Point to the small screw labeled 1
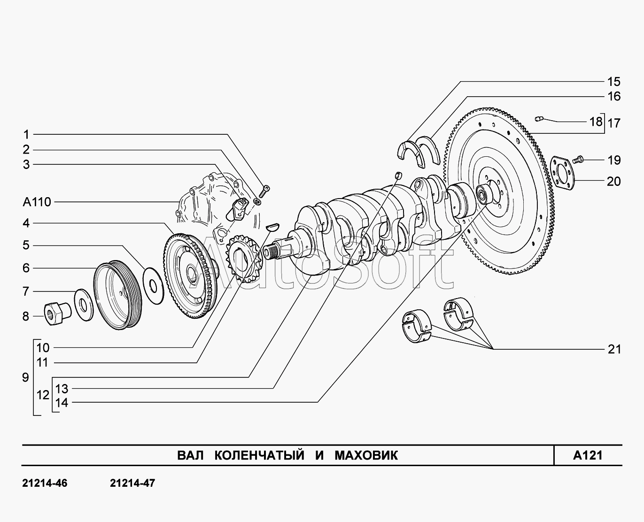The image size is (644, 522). click(265, 190)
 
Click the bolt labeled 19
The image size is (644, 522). click(579, 160)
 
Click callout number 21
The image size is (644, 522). click(614, 349)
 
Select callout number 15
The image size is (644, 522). click(613, 82)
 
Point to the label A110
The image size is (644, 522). click(37, 202)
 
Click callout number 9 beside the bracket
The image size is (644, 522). click(26, 377)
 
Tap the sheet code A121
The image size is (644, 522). click(588, 455)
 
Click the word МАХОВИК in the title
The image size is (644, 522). click(366, 455)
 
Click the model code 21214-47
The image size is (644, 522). click(132, 483)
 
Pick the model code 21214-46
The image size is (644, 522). click(45, 483)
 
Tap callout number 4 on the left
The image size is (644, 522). click(26, 223)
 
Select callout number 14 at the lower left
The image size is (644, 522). click(62, 402)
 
